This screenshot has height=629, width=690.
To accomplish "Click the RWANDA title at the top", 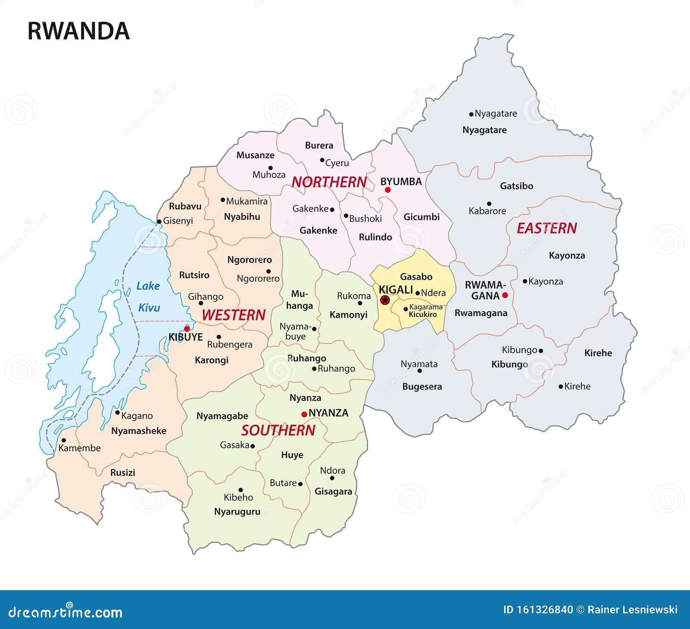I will tap(78, 31).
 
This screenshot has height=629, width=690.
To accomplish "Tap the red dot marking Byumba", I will tap(388, 190).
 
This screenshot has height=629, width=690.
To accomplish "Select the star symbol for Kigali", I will tap(385, 300).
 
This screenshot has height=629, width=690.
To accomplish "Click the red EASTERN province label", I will tap(546, 228).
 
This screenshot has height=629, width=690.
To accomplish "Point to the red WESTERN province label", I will tap(233, 315).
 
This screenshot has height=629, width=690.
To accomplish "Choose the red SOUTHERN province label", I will tap(278, 430).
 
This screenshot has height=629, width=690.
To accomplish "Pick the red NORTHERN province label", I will tap(329, 182).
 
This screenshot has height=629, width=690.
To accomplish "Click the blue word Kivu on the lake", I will tap(149, 308).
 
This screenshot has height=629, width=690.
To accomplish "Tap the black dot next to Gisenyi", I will tap(159, 222).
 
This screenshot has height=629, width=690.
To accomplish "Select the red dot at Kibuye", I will tap(187, 329).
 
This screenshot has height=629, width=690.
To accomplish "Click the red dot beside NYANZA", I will tap(304, 414).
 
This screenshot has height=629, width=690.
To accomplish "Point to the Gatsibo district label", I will tap(516, 186).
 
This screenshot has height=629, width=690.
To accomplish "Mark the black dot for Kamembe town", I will tap(64, 440).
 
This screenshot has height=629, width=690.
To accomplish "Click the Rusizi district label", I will tap(122, 473).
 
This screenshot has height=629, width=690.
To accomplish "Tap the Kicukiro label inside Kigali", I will tap(423, 314).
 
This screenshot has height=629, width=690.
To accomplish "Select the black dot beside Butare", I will tap(300, 484).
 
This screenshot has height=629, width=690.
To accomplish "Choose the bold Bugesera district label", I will tap(422, 387).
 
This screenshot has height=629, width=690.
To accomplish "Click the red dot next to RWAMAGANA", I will tap(505, 295).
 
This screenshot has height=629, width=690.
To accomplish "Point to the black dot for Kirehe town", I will tap(561, 387).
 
